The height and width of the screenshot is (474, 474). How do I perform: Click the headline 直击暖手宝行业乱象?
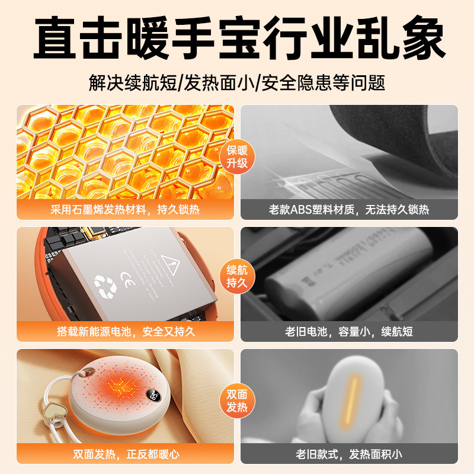[237, 39]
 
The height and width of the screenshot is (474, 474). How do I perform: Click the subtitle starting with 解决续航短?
[237, 82]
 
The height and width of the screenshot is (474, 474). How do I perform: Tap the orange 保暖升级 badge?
[237, 155]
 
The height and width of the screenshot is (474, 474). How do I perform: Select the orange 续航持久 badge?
[237, 277]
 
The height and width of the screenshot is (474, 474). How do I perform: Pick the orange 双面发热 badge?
[237, 401]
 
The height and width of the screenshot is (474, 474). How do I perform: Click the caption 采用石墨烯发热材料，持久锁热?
[125, 210]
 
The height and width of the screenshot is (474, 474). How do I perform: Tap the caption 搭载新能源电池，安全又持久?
[125, 332]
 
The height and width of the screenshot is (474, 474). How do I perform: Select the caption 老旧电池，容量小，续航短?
[349, 332]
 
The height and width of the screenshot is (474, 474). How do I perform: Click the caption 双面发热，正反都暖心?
[125, 455]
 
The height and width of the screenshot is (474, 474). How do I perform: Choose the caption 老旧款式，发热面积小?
[349, 455]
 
